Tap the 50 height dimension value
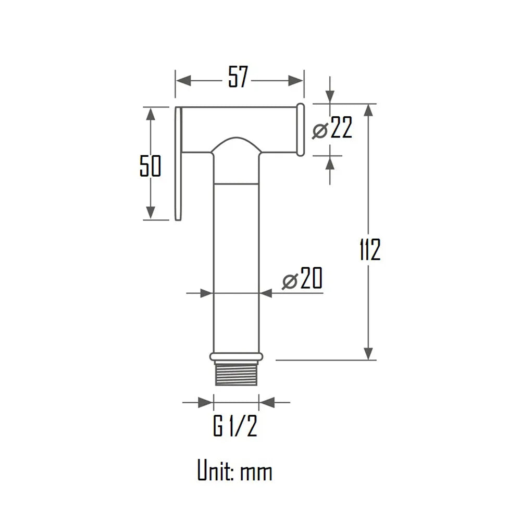(x=150, y=166)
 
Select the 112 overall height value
(x=370, y=251)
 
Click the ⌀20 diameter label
(x=302, y=280)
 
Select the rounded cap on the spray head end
(x=300, y=129)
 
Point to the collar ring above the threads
(x=236, y=356)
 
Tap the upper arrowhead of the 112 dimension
(x=369, y=111)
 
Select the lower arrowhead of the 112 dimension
(x=369, y=353)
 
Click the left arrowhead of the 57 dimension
(x=182, y=80)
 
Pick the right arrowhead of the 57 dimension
(x=296, y=80)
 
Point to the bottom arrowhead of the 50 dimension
(x=151, y=213)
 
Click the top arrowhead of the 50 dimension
(x=151, y=115)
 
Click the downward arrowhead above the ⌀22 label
(x=330, y=96)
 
